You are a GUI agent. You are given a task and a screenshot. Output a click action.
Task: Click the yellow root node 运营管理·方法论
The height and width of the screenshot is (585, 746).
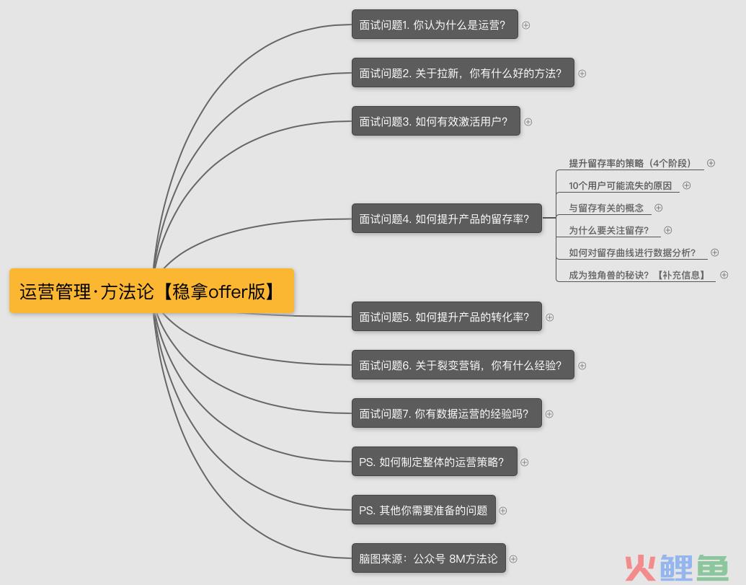tap(152, 291)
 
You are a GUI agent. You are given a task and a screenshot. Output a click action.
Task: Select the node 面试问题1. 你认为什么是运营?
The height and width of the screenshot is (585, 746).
tap(435, 25)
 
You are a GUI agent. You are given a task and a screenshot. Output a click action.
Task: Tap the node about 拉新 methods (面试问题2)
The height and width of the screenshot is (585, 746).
tap(463, 73)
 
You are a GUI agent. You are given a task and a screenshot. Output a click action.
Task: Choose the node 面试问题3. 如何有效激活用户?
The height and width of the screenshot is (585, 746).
tap(436, 121)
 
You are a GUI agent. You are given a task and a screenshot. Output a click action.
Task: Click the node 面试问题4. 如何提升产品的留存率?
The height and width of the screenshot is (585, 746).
tap(447, 219)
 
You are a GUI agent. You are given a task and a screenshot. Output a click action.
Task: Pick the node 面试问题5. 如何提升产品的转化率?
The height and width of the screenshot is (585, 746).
tap(447, 317)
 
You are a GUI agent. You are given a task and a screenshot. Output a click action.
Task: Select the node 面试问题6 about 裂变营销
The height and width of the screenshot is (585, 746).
tap(463, 365)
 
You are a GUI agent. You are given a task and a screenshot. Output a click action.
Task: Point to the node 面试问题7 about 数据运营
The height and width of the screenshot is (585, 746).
tap(447, 413)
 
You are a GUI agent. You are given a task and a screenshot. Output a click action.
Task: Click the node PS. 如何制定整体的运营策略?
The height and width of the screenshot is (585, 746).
tap(435, 462)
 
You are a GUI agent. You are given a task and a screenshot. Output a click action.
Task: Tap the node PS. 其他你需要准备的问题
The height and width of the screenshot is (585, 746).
tap(423, 510)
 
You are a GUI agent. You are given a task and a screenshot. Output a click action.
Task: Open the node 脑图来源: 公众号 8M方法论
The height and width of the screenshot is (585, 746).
tap(429, 558)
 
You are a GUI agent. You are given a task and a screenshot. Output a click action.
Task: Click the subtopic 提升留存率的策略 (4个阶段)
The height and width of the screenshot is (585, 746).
tap(629, 163)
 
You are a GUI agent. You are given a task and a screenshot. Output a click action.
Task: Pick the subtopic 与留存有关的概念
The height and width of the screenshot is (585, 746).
tap(606, 208)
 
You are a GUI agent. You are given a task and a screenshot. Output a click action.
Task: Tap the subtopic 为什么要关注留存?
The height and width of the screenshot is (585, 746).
tap(608, 230)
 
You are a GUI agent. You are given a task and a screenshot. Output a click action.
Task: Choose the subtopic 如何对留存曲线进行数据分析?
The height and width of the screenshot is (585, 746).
tap(632, 252)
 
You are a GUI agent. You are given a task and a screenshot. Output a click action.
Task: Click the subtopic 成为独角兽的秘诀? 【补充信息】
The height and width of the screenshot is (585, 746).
tap(636, 275)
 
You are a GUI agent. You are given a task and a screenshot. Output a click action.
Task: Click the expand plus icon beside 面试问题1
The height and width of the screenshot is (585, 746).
tap(525, 25)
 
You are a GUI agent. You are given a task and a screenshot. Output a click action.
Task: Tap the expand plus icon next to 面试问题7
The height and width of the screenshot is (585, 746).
tap(549, 414)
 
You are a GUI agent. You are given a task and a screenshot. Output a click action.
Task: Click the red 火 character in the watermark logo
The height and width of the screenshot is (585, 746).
tap(640, 568)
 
